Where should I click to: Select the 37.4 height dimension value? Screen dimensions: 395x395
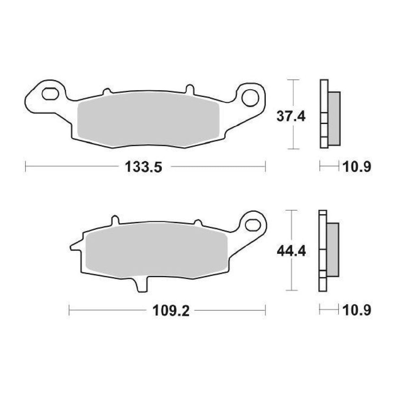[x=291, y=116]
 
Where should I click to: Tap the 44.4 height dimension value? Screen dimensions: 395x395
[x=291, y=251]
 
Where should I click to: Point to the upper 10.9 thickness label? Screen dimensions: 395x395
[x=356, y=167]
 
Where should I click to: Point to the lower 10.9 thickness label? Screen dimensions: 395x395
[x=356, y=310]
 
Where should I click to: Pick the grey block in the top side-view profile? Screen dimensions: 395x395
[x=334, y=118]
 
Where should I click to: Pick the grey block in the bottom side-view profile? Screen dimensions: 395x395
[x=333, y=250]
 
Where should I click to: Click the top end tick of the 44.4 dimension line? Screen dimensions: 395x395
[x=291, y=211]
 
